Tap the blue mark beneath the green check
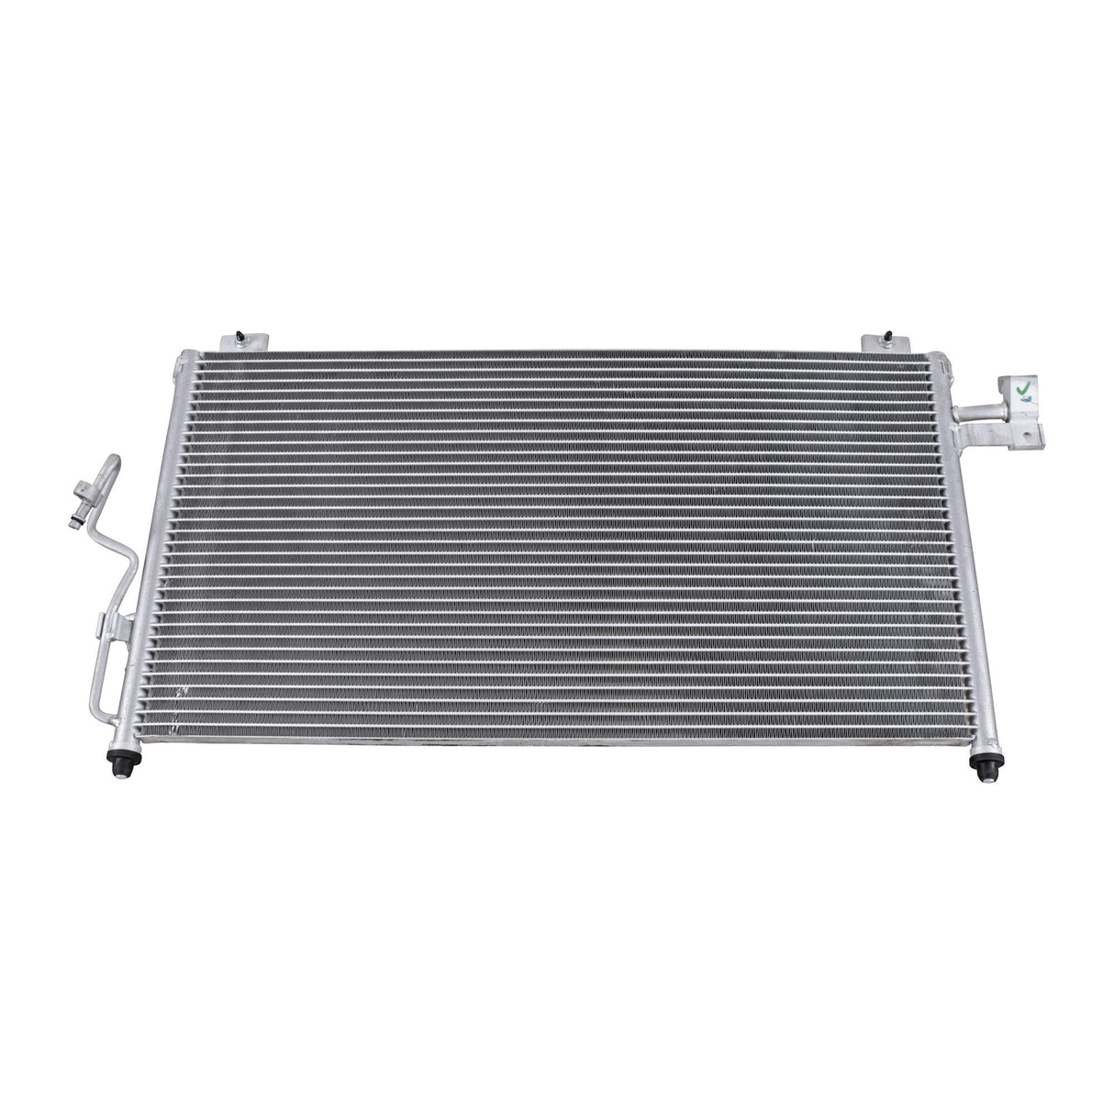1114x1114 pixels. pos(1022,401)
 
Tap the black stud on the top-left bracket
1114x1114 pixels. pos(238,334)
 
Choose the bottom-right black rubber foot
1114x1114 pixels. pos(987,769)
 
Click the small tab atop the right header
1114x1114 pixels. pos(937,358)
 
